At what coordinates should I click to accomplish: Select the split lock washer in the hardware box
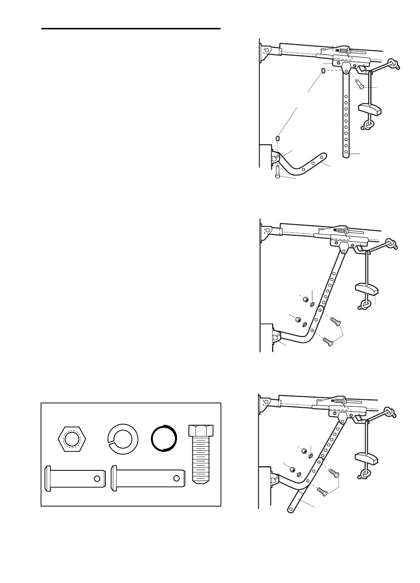[x=123, y=439]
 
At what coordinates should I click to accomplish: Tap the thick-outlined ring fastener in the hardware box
[x=163, y=439]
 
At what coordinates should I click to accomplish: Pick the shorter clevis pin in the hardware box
[x=75, y=478]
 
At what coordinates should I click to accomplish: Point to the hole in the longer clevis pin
[x=176, y=478]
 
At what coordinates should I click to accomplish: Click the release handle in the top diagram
[x=370, y=109]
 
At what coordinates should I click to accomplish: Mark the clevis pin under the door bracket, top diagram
[x=277, y=172]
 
